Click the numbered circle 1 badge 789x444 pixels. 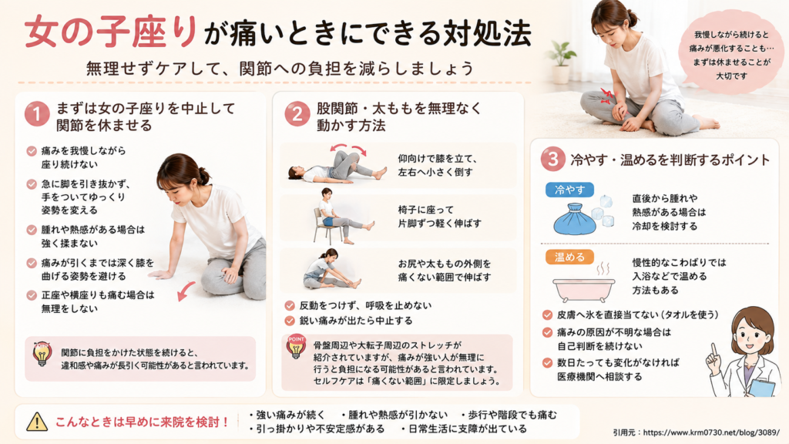coord(37,113)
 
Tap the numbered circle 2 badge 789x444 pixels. coord(297,114)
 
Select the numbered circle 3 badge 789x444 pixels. coord(553,159)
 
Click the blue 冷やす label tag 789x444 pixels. coord(569,190)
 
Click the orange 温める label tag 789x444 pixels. coord(569,257)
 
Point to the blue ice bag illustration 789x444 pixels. coord(575,219)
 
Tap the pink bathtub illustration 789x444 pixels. coord(584,288)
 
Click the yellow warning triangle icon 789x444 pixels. coord(37,422)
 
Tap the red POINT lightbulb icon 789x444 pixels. coord(297,347)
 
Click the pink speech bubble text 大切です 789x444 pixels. coord(731,76)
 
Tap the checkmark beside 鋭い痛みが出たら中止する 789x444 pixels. coord(290,321)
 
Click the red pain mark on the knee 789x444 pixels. coord(607,95)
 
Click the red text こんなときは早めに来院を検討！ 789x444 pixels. coord(143,422)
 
